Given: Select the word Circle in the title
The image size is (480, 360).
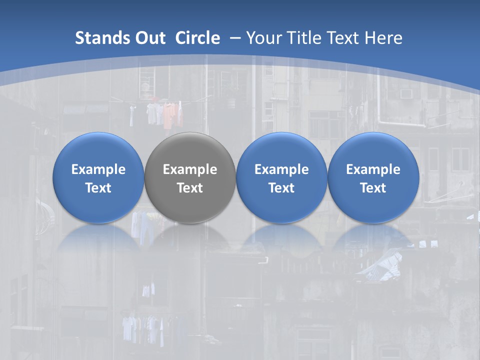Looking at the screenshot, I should tap(197, 38).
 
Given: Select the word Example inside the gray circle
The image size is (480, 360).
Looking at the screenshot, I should tap(190, 169).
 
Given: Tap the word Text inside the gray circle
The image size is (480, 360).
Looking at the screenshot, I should tap(190, 188).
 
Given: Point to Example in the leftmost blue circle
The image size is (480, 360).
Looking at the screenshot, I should tap(98, 169).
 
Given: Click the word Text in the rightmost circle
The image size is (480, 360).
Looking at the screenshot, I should tap(373, 188).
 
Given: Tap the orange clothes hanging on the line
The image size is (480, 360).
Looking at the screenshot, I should tap(170, 114).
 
